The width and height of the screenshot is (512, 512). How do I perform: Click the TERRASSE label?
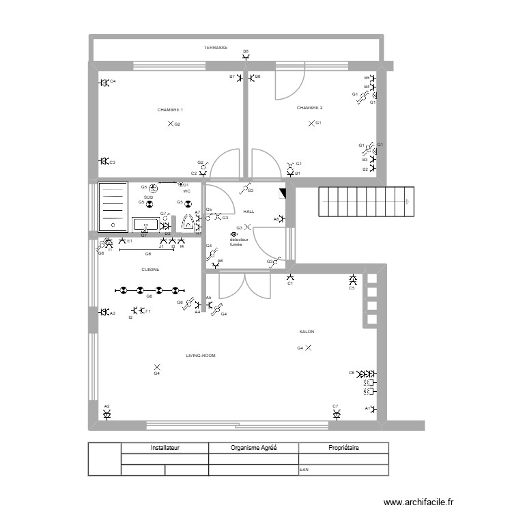(216, 48)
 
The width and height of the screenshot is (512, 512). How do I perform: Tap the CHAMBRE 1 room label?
(170, 109)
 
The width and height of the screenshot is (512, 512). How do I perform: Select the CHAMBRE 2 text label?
(309, 108)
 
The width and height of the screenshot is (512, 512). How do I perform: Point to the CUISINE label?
(150, 269)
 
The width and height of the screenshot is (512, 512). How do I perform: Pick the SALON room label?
(307, 332)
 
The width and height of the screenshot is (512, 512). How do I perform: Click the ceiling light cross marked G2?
(170, 124)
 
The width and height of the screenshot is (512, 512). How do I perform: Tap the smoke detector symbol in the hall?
(234, 233)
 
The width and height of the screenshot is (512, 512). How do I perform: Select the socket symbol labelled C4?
(104, 83)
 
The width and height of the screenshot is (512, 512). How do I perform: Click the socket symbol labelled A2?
(107, 414)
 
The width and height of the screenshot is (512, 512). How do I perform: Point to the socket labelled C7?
(336, 414)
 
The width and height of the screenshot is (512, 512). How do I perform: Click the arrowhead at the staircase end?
(407, 201)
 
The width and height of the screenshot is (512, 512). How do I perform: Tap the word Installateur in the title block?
(165, 449)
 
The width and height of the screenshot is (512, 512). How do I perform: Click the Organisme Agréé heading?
(253, 449)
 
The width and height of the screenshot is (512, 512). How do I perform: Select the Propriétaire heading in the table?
(343, 449)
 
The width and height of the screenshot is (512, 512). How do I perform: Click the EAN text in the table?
(304, 470)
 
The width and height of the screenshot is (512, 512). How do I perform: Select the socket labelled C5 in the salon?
(353, 280)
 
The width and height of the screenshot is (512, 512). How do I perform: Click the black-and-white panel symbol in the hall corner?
(283, 194)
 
